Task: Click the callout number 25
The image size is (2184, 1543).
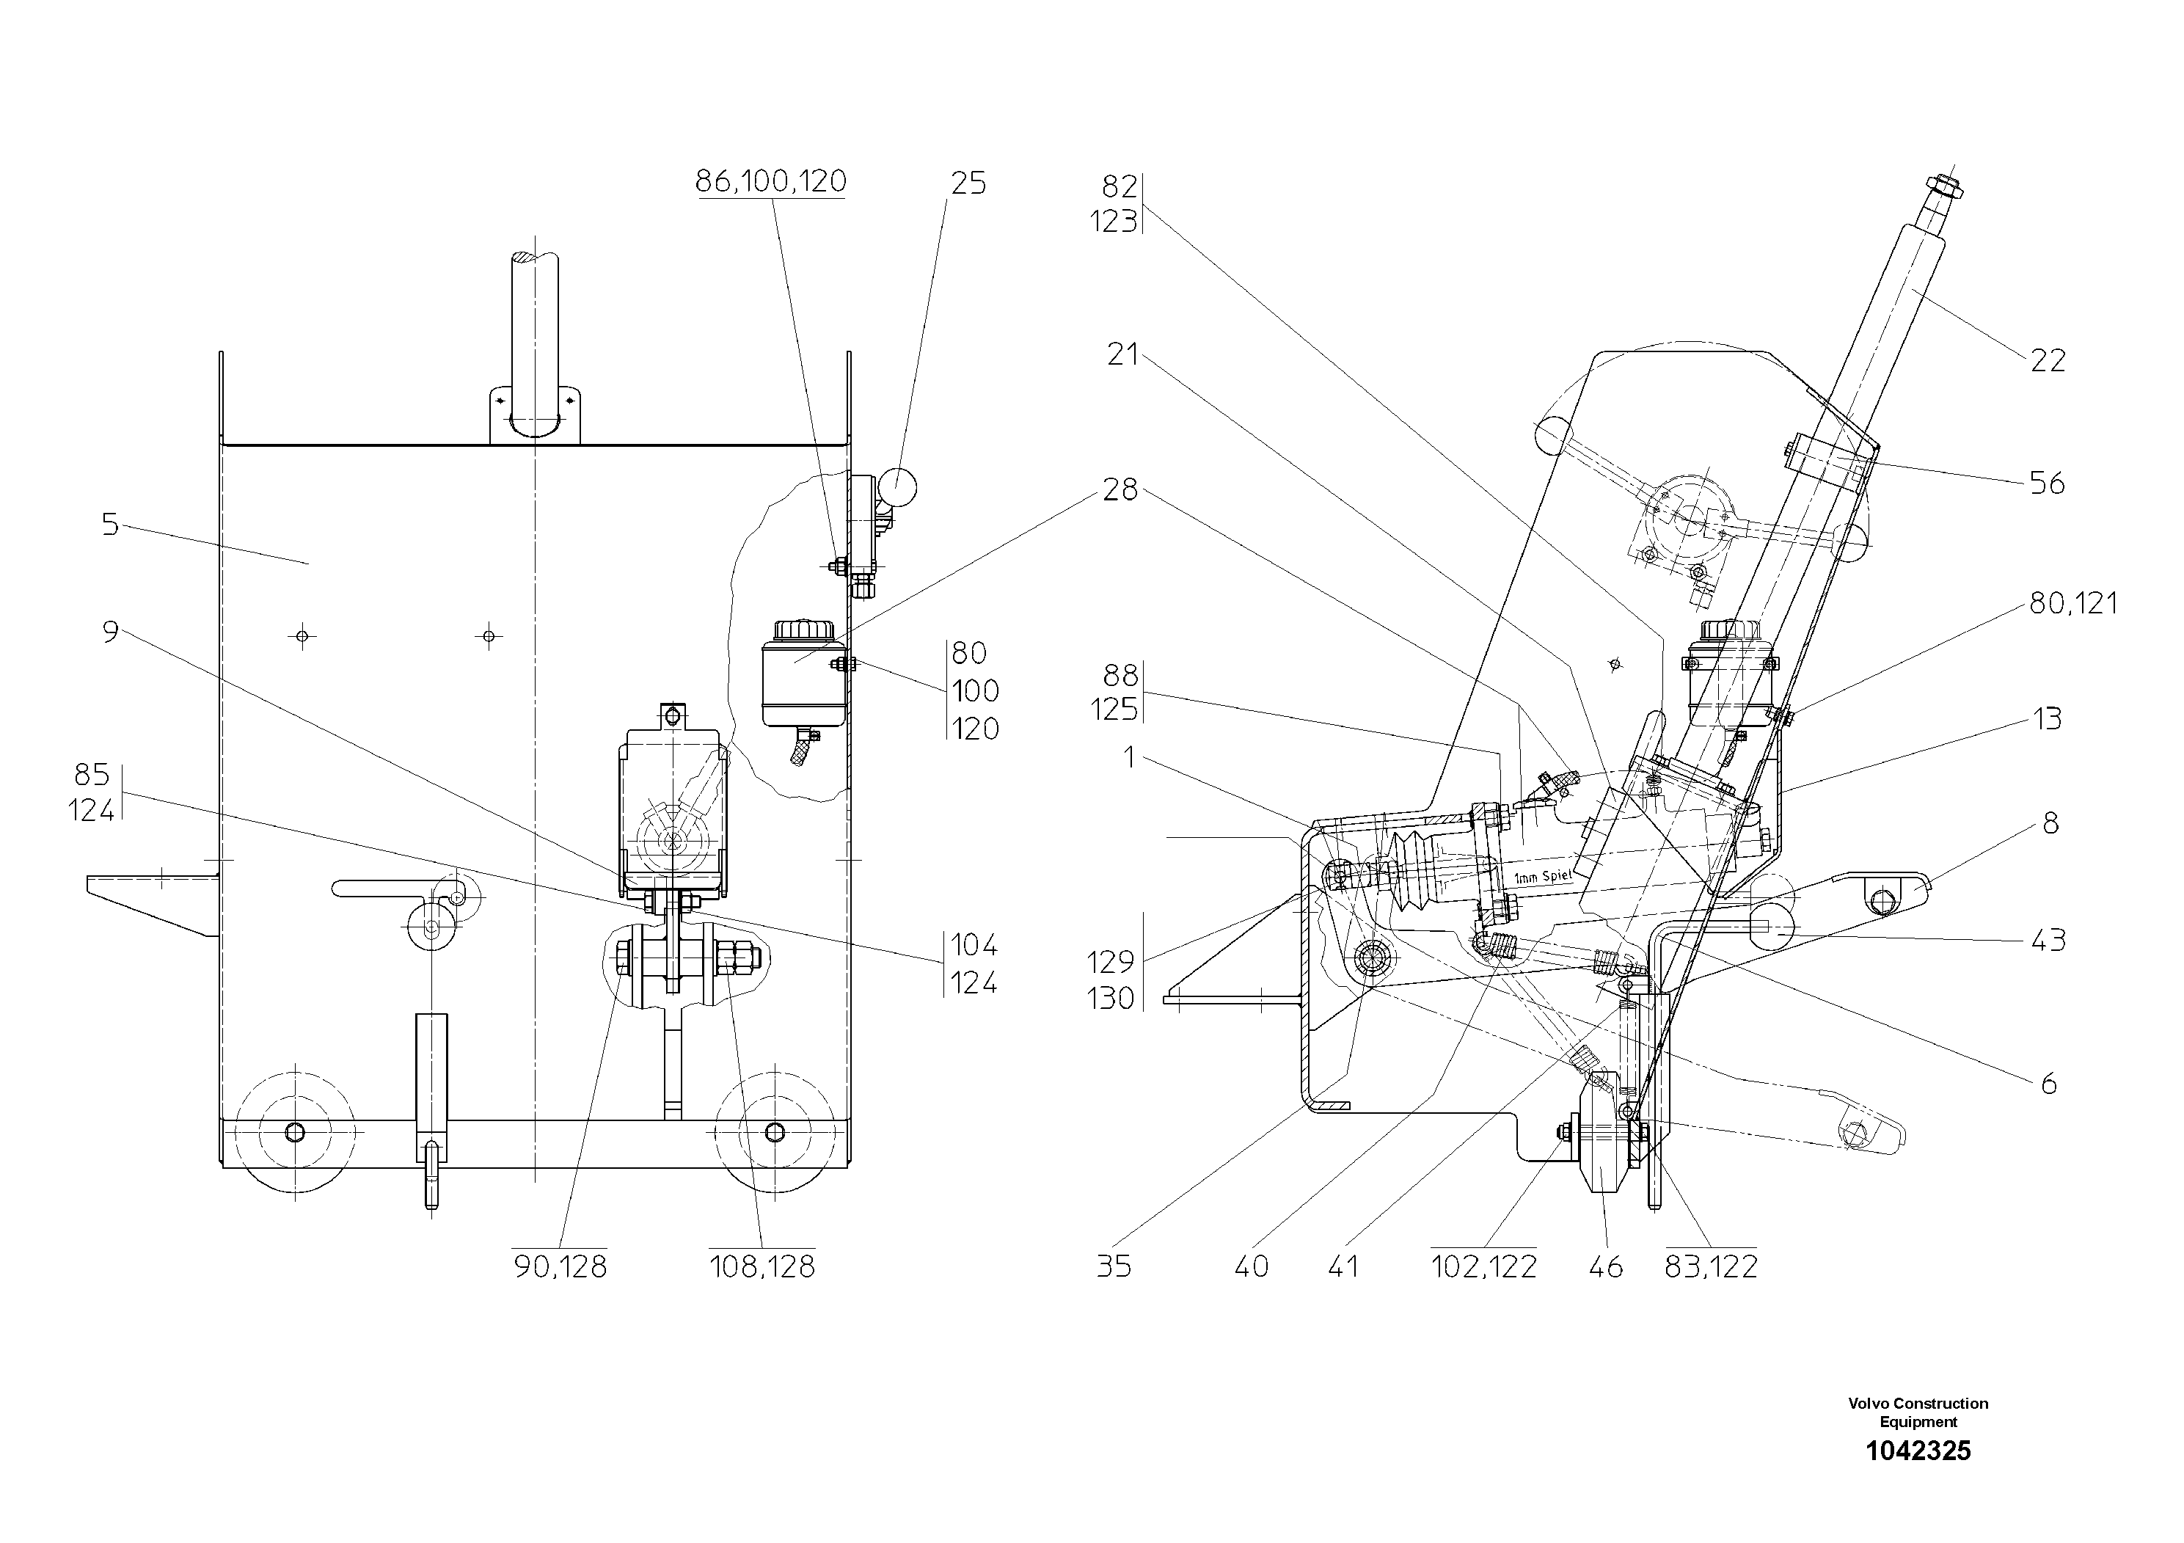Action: click(x=968, y=183)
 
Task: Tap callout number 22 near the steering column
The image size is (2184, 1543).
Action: click(x=2048, y=360)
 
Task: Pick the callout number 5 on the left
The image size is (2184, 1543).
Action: click(x=110, y=524)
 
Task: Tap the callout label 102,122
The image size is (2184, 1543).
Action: click(x=1484, y=1266)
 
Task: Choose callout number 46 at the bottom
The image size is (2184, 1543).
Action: click(x=1606, y=1266)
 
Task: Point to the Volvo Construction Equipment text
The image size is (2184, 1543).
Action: click(x=1918, y=1412)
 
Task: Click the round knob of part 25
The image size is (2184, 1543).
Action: click(x=897, y=488)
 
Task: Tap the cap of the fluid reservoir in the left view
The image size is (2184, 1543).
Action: click(x=804, y=631)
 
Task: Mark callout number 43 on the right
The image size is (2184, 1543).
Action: click(x=2048, y=940)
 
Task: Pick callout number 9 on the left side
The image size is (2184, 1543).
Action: click(x=110, y=632)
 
